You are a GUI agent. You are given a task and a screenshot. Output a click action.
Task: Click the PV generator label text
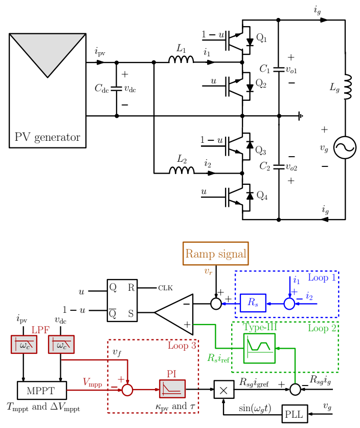[x=47, y=137]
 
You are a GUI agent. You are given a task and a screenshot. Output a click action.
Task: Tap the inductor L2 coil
[x=182, y=170]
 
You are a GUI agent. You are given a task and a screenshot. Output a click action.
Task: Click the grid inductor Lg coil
[x=347, y=87]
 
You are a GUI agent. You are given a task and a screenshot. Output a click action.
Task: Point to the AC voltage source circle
[x=345, y=148]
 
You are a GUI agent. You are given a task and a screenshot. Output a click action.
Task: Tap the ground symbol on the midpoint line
[x=301, y=116]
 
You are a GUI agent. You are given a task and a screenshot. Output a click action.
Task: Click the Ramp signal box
[x=215, y=253]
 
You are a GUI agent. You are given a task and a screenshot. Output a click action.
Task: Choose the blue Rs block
[x=253, y=303]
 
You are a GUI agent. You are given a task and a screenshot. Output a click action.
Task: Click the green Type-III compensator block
[x=259, y=348]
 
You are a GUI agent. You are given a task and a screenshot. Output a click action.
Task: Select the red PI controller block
[x=172, y=390]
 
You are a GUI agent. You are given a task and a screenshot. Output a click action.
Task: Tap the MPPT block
[x=42, y=390]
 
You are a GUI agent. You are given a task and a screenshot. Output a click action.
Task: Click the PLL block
[x=294, y=414]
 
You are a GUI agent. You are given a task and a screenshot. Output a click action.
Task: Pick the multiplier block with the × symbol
[x=223, y=390]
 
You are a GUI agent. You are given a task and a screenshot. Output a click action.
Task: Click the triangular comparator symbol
[x=176, y=312]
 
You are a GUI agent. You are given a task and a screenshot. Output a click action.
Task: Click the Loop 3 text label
[x=182, y=346]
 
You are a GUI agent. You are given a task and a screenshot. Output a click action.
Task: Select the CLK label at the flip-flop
[x=165, y=288]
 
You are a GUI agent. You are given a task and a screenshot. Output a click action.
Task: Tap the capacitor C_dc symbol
[x=117, y=89]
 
